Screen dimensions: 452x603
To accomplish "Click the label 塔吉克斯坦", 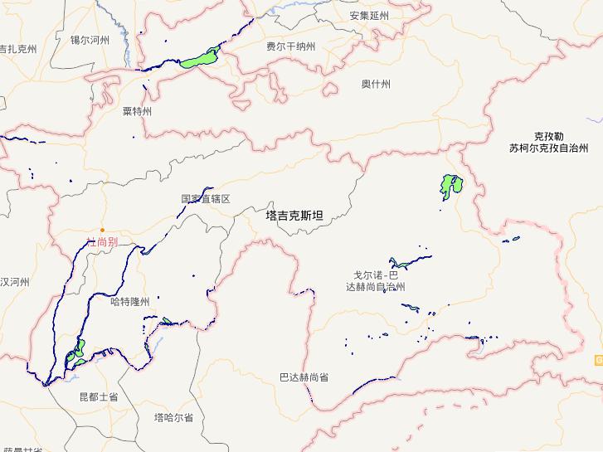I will click(x=294, y=216).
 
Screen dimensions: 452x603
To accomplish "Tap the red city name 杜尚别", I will click(x=103, y=242).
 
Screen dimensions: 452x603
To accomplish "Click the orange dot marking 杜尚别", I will click(x=103, y=230).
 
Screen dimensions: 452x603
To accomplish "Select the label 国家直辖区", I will click(x=205, y=199).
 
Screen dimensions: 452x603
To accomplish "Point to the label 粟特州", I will click(x=137, y=111).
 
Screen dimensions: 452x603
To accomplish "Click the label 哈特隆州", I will click(x=129, y=302).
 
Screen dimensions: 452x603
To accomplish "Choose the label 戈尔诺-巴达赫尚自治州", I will click(x=375, y=280).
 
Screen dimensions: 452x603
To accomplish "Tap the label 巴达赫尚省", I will click(x=303, y=377).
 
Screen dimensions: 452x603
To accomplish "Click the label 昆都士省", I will click(x=98, y=397).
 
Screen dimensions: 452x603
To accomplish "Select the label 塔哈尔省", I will click(x=173, y=417).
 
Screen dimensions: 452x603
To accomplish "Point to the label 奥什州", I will click(x=376, y=84).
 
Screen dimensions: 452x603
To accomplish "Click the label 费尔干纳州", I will click(x=290, y=47).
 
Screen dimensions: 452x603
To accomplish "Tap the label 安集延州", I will click(x=369, y=16).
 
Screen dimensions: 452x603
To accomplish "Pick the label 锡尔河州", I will click(x=90, y=39).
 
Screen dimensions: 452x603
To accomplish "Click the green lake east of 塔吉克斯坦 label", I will click(x=450, y=186).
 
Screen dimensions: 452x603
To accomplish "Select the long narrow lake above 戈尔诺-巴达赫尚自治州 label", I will click(x=410, y=260).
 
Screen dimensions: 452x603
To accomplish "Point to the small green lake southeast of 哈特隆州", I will click(x=166, y=321).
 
